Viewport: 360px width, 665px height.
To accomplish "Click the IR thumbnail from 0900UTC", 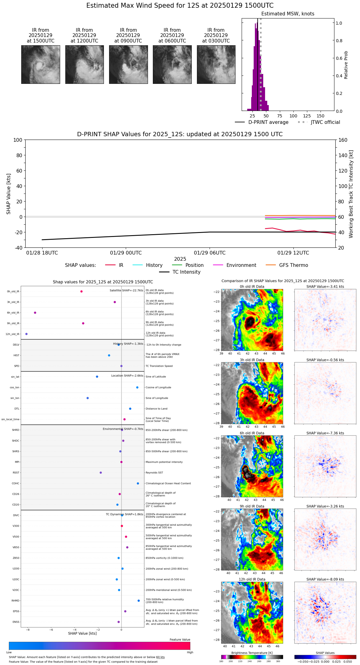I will [x=128, y=64].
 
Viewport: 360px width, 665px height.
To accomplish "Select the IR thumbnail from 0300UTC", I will [x=216, y=64].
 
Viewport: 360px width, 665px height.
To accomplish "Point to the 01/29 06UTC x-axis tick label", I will [x=210, y=253].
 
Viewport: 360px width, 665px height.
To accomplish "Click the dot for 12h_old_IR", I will [x=27, y=334].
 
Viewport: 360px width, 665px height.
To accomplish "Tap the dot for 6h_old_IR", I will [x=35, y=313].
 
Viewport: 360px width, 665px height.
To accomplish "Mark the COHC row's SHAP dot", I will [x=138, y=483].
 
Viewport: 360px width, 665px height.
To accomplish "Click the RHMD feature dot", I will [x=139, y=601].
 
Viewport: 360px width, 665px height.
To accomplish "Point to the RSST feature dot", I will [x=101, y=473].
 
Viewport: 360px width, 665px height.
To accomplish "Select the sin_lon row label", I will [x=15, y=398].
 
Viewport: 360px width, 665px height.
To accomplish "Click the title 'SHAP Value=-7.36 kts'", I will [x=325, y=433].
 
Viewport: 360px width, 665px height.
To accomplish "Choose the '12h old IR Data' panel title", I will [x=252, y=579].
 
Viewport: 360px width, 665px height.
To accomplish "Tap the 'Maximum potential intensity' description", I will [x=164, y=462].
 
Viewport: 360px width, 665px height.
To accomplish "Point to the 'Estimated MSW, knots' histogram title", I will [x=288, y=14].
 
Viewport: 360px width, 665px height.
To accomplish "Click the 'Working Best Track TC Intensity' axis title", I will [x=351, y=194].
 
